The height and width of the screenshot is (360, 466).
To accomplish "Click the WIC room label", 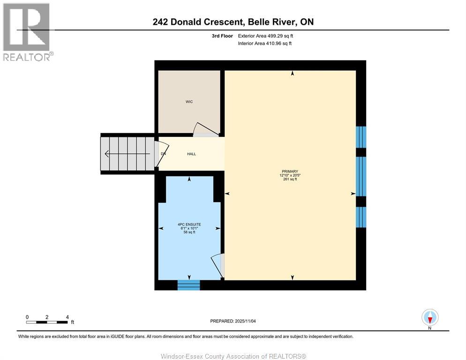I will [189, 102].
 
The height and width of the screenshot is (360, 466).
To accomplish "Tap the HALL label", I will [191, 154].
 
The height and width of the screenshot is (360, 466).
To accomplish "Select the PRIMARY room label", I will [290, 171].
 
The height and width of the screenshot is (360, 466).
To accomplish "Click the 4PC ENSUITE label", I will [189, 225].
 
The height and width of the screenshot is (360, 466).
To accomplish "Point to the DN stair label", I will [163, 154].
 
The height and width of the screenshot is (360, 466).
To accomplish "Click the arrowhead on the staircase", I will [107, 154].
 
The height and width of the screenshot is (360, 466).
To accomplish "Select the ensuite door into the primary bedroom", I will [218, 266].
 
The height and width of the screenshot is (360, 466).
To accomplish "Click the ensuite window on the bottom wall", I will [188, 285].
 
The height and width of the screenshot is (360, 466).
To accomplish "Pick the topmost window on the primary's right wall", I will [361, 137].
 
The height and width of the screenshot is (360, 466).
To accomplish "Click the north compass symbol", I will [430, 317].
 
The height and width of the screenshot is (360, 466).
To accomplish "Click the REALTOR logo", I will [27, 32].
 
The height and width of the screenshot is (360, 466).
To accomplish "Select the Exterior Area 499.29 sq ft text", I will [265, 36].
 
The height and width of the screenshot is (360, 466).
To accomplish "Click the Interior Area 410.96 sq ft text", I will [264, 44].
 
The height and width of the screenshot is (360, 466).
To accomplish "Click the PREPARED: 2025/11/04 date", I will [233, 321].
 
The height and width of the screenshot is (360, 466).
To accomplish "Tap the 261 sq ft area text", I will [290, 180].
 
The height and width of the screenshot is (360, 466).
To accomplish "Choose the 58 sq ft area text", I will [189, 232].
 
